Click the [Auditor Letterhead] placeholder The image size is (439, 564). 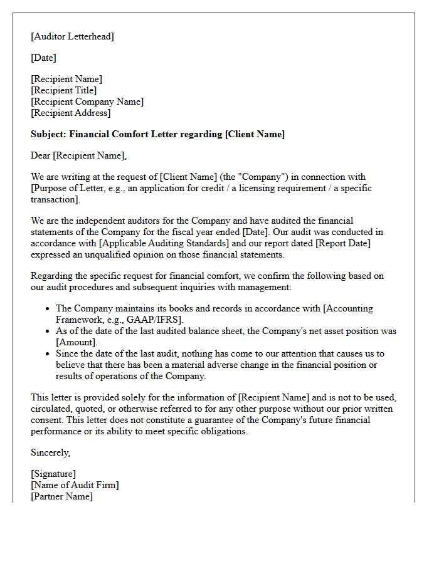pos(72,36)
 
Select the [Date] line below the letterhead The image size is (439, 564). pos(43,58)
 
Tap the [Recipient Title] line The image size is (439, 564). pos(63,90)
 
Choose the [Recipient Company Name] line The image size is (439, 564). pos(87,102)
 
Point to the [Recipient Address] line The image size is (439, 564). pos(70,113)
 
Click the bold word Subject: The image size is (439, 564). pos(48,134)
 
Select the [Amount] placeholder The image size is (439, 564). pos(77,342)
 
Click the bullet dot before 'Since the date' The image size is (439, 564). pos(48,353)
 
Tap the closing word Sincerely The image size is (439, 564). pos(50,452)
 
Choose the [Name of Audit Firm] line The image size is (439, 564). pos(75,485)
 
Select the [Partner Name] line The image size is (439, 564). pos(61,496)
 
